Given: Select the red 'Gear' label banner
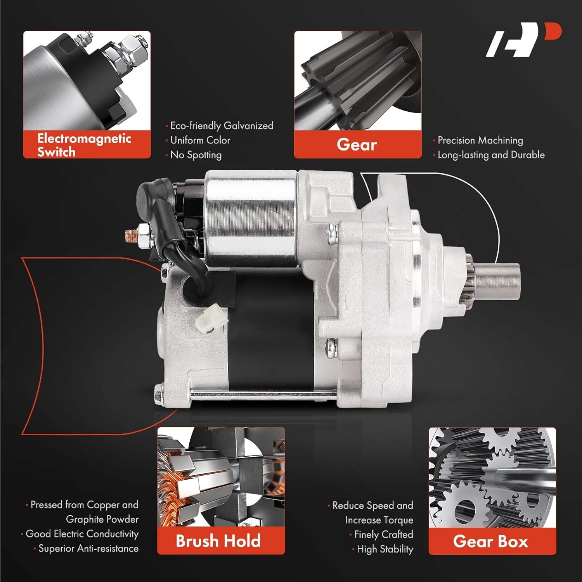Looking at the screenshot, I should [x=357, y=145].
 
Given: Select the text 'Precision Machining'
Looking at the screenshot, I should [x=480, y=140].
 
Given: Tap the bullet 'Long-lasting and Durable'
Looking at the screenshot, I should [x=491, y=155].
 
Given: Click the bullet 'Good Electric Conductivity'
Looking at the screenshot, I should [x=82, y=534].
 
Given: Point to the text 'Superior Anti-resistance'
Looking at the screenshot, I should [x=88, y=548].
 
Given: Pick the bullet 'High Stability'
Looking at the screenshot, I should [x=385, y=549].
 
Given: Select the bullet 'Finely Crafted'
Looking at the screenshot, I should [x=383, y=534].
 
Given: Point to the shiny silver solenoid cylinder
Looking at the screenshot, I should [x=250, y=219].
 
